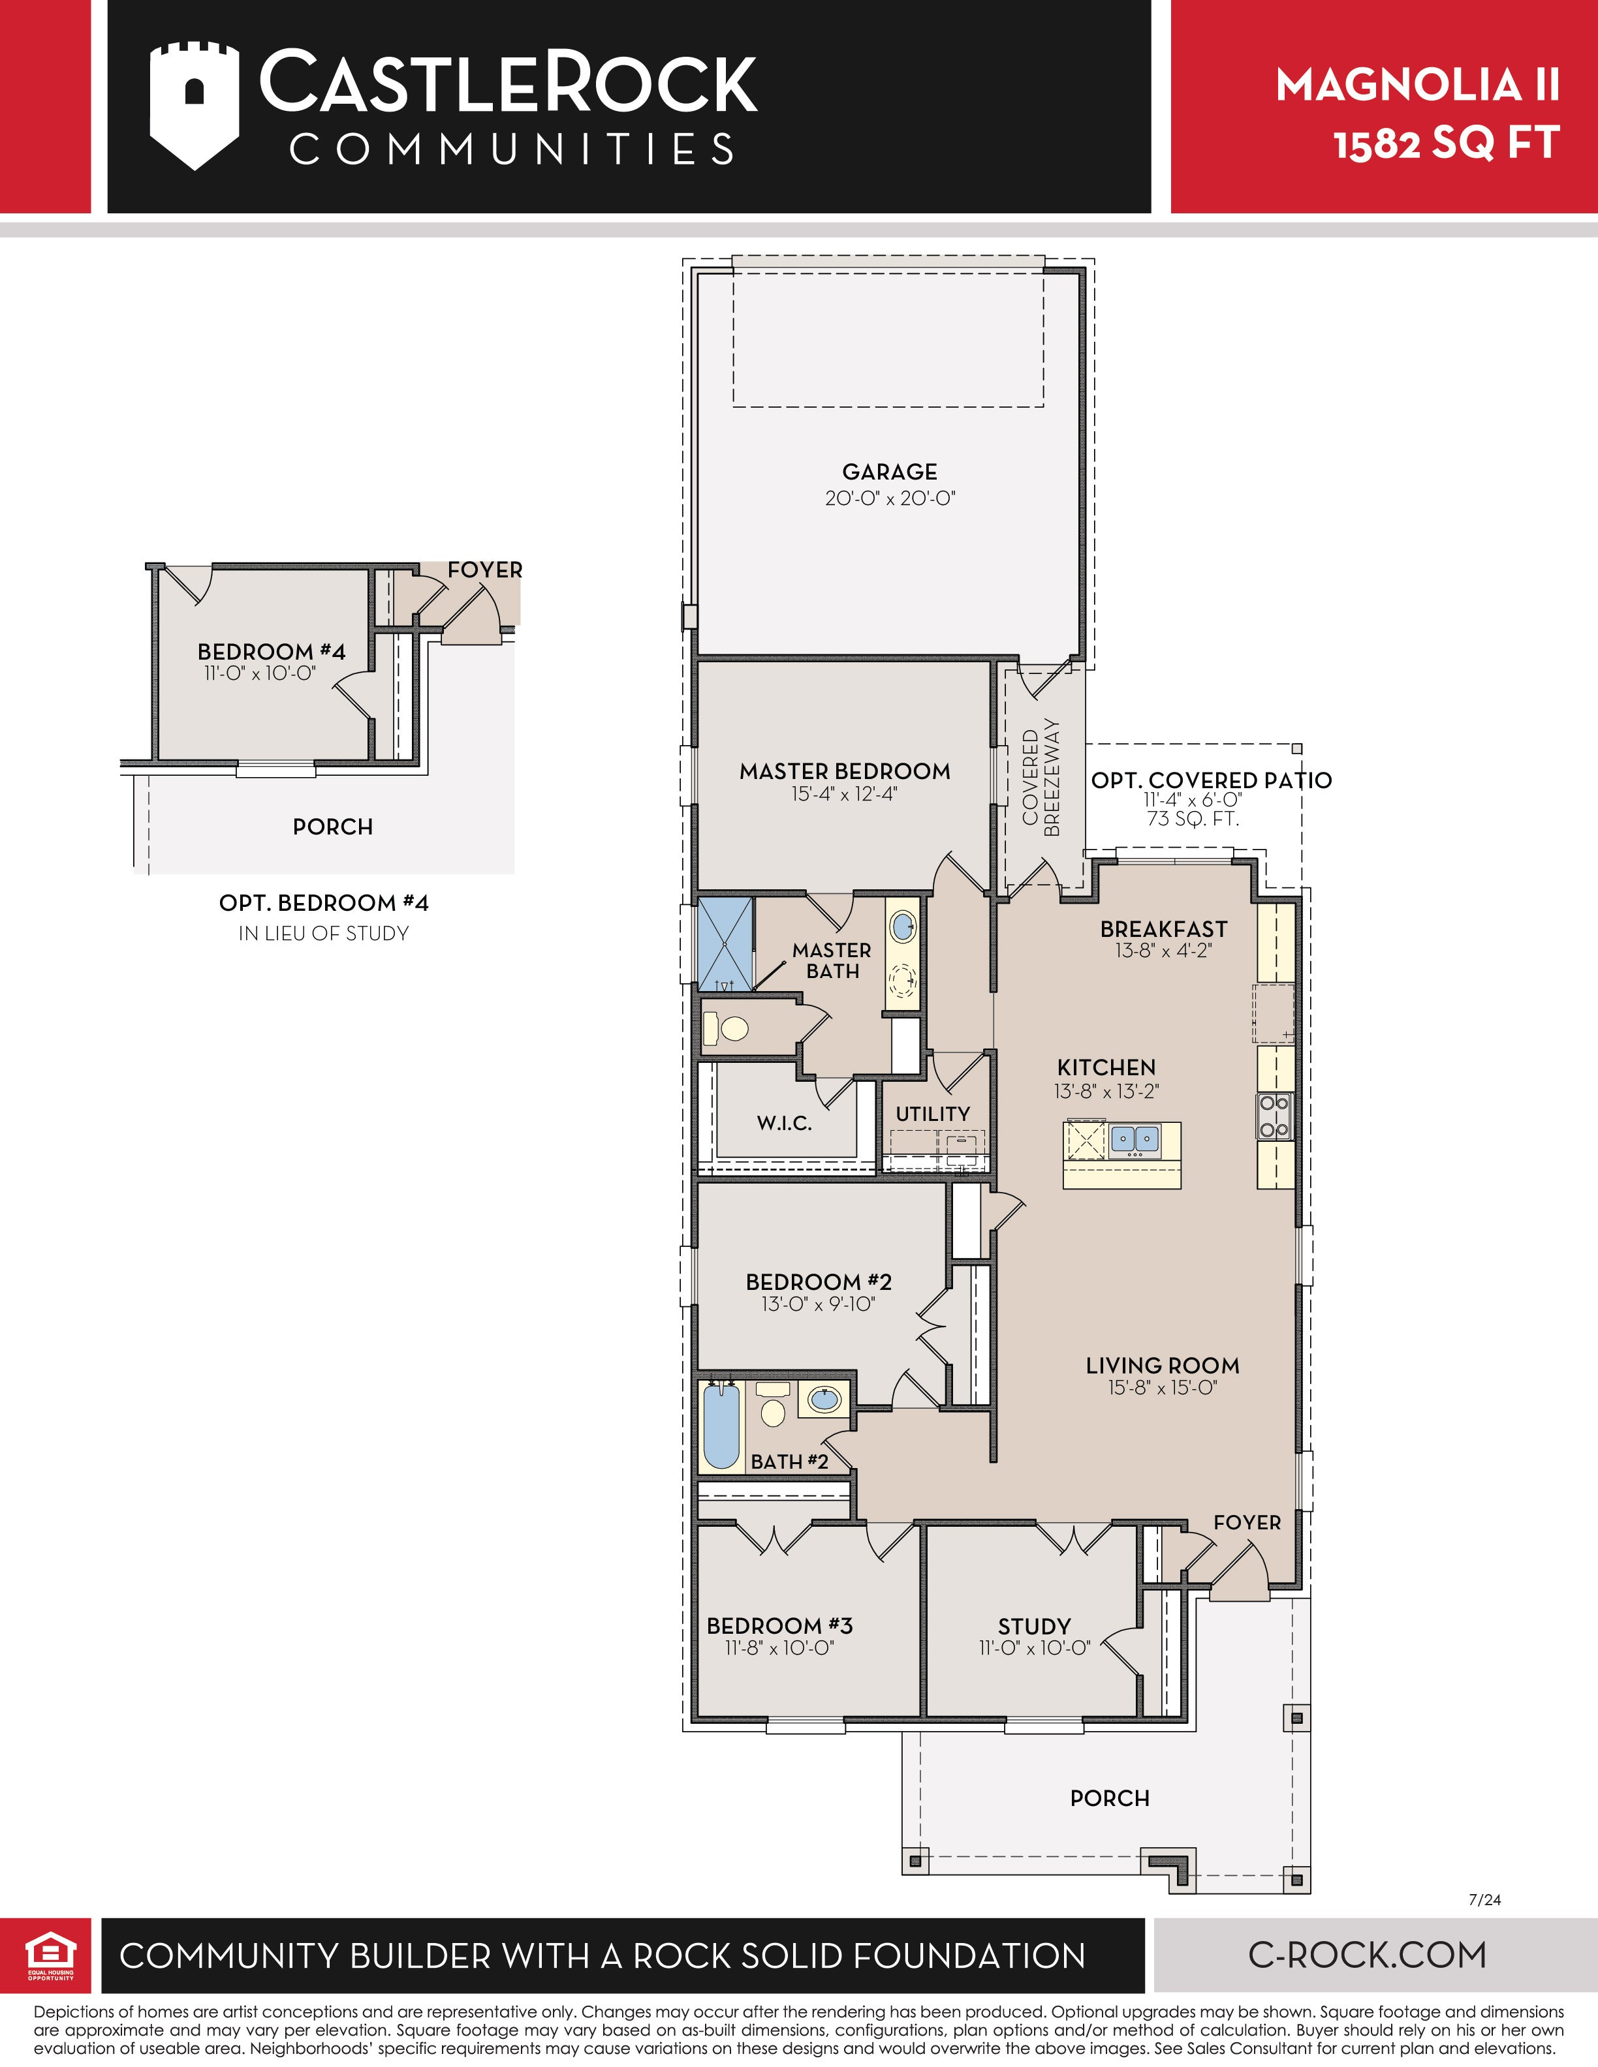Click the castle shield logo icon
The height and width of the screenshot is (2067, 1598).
coord(194,105)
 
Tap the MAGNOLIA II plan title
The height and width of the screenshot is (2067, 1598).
coord(1417,85)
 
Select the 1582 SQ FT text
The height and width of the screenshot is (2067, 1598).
coord(1447,144)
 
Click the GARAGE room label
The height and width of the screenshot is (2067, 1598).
coord(890,471)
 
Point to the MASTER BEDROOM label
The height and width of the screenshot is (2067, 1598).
coord(845,771)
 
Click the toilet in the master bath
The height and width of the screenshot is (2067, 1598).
coord(725,1028)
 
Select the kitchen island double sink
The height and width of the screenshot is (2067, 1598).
coord(1134,1139)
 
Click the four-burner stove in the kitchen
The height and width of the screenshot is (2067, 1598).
coord(1274,1116)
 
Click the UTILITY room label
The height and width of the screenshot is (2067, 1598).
coord(932,1114)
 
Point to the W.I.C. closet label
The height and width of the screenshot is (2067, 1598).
coord(784,1124)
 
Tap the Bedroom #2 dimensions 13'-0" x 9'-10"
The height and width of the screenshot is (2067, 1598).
coord(818,1304)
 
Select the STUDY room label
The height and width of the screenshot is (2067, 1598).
coord(1034,1627)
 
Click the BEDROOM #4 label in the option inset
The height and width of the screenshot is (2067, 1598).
coord(271,652)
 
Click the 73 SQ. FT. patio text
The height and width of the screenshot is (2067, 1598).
coord(1193,819)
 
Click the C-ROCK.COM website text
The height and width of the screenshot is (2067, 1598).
coord(1367,1954)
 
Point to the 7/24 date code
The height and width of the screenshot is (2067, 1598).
coord(1484,1899)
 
